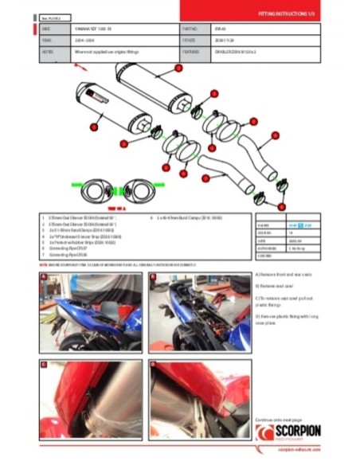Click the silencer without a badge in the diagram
pyautogui.click(x=155, y=79)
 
